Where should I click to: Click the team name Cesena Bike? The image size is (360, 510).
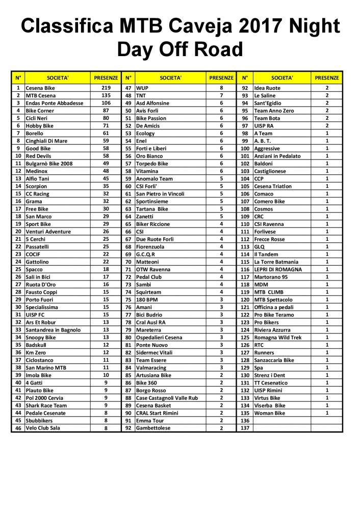pos(40,88)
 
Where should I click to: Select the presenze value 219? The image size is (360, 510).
pos(106,88)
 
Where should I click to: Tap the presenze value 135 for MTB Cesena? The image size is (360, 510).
pos(106,95)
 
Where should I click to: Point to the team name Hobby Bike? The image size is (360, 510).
pos(39,125)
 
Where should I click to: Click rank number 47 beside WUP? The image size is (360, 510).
pos(128,88)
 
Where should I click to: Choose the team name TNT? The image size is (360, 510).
pos(141,95)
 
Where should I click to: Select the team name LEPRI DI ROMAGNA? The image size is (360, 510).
pos(278,269)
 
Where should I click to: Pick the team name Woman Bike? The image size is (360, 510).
pos(270,413)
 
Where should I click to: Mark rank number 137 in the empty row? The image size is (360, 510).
pos(245,428)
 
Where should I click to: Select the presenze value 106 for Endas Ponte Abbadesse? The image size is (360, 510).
pos(106,103)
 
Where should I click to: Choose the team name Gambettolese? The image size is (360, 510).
pos(153,428)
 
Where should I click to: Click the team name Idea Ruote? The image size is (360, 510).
pos(267,88)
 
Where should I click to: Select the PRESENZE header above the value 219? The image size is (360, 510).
pos(106,78)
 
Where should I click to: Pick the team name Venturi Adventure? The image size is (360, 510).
pos(48,231)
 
